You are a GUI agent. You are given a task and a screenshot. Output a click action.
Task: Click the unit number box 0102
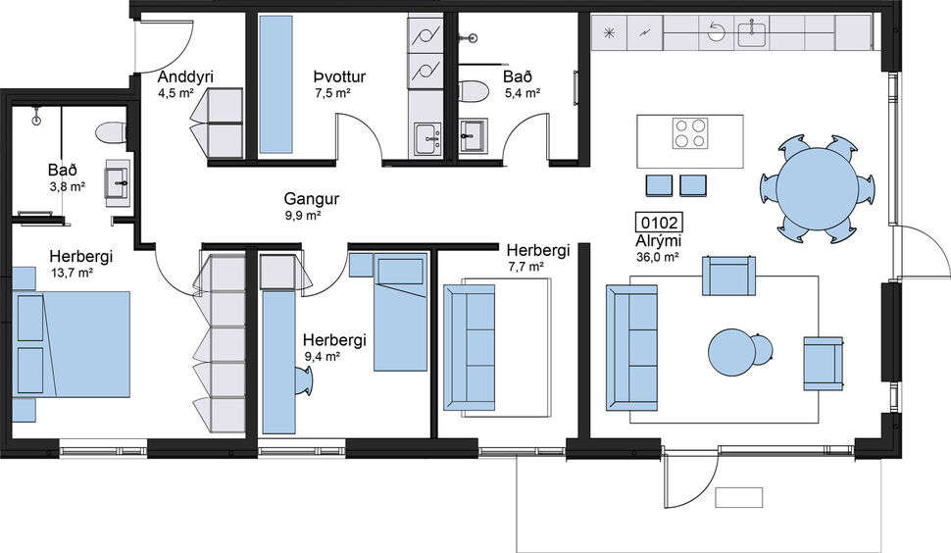659,223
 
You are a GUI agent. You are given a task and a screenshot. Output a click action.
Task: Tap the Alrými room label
657,241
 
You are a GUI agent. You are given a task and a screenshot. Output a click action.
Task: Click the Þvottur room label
332,76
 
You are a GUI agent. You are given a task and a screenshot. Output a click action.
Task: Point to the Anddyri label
185,77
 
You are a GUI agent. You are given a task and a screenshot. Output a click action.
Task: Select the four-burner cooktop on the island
689,132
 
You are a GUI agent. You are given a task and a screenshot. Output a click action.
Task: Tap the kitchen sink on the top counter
751,33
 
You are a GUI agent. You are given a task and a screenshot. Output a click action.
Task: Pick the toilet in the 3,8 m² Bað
110,131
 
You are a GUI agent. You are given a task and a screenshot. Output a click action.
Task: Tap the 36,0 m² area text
657,258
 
